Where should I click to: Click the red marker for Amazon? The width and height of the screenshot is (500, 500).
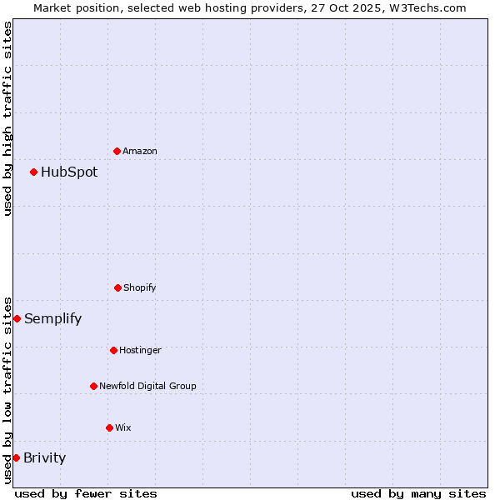coord(117,151)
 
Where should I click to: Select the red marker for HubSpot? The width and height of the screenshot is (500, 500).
coord(34,172)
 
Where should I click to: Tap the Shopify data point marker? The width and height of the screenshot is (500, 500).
coord(117,287)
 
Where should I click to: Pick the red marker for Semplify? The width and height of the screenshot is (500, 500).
coord(17,318)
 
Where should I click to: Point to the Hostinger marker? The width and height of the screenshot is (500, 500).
coord(113,350)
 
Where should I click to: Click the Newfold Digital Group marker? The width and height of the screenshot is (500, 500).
coord(93,386)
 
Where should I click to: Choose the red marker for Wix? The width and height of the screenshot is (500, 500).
coord(109,427)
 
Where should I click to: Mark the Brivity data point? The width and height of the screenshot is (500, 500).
coord(16,457)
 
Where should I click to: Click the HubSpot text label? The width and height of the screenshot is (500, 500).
coord(69,172)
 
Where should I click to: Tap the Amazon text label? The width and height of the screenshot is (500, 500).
coord(140,152)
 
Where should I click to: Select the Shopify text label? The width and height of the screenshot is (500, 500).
coord(140,288)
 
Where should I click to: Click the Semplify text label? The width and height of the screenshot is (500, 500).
coord(52,319)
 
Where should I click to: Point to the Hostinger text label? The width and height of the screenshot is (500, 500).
coord(140,351)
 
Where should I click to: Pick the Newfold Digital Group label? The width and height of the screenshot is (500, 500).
coord(147,387)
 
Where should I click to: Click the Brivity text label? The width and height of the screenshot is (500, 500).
coord(44,458)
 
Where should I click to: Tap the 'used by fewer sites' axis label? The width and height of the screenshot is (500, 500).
coord(86,493)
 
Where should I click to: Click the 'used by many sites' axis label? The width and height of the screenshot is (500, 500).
coord(418,493)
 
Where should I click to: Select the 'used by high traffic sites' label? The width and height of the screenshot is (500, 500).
coord(7,118)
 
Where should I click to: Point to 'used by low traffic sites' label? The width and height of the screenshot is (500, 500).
coord(7,390)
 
